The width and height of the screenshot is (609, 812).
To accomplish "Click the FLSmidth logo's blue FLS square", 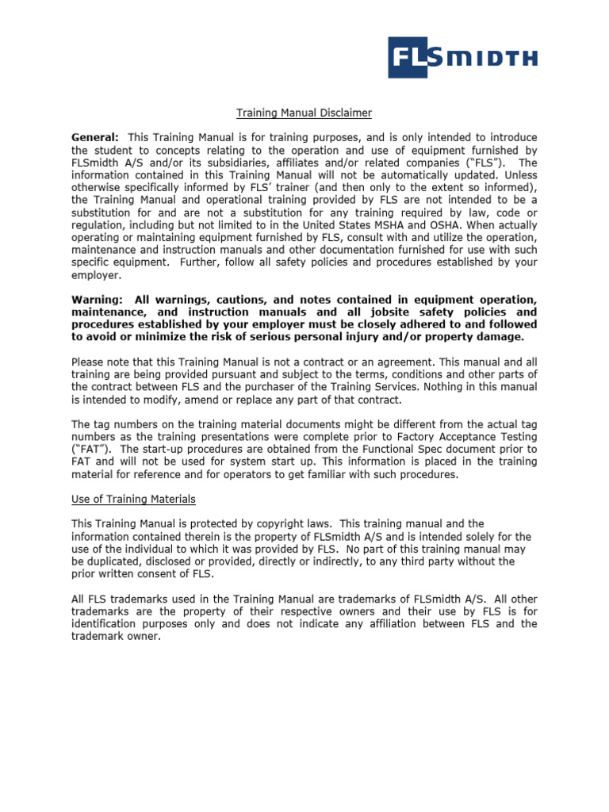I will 415,56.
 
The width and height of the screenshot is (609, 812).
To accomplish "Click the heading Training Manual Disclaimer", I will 293,113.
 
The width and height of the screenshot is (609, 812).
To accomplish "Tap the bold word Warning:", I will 97,299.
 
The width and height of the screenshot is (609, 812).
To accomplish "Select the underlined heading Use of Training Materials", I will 133,499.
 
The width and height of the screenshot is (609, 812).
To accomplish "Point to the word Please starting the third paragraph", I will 90,362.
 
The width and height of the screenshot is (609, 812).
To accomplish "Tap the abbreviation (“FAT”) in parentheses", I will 89,450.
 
